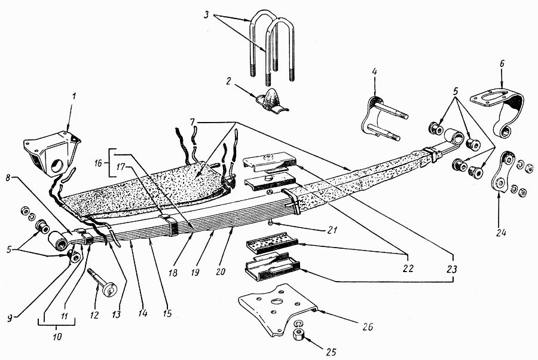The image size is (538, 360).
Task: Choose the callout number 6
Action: click(502, 64)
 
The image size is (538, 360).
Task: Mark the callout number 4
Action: click(374, 72)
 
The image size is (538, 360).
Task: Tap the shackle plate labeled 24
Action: click(500, 173)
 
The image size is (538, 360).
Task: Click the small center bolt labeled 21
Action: click(271, 222)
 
